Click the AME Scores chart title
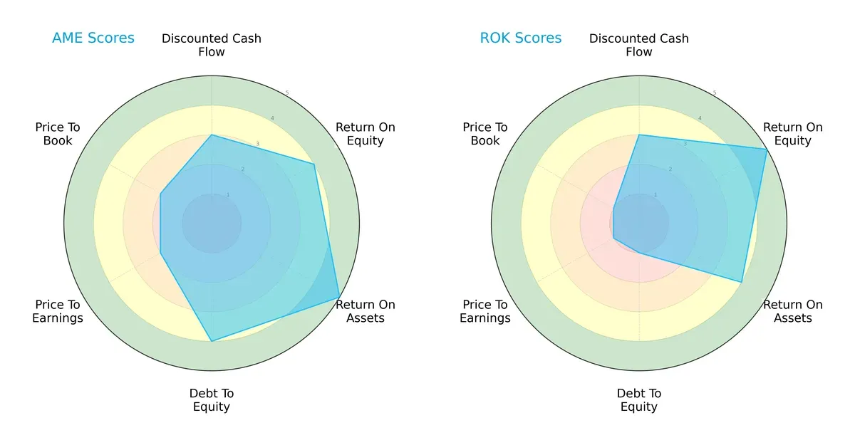pyautogui.click(x=93, y=38)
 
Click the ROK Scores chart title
pyautogui.click(x=520, y=38)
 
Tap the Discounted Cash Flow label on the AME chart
pyautogui.click(x=212, y=45)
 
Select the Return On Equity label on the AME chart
pyautogui.click(x=366, y=134)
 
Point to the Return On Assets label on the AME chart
pyautogui.click(x=366, y=311)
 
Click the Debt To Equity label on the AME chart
pyautogui.click(x=212, y=400)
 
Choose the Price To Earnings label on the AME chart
pyautogui.click(x=58, y=311)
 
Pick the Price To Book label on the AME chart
pyautogui.click(x=58, y=134)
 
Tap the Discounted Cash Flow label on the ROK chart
pyautogui.click(x=639, y=45)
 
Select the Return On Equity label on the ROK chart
pyautogui.click(x=793, y=134)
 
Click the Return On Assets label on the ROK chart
pyautogui.click(x=793, y=311)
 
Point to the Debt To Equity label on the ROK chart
pyautogui.click(x=639, y=400)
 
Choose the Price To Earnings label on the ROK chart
pyautogui.click(x=485, y=311)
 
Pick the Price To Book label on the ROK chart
pyautogui.click(x=485, y=134)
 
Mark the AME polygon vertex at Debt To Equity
pyautogui.click(x=212, y=341)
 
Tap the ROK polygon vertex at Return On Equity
pyautogui.click(x=767, y=150)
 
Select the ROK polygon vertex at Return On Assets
pyautogui.click(x=742, y=282)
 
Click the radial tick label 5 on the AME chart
pyautogui.click(x=287, y=93)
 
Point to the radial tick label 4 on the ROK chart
pyautogui.click(x=700, y=118)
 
